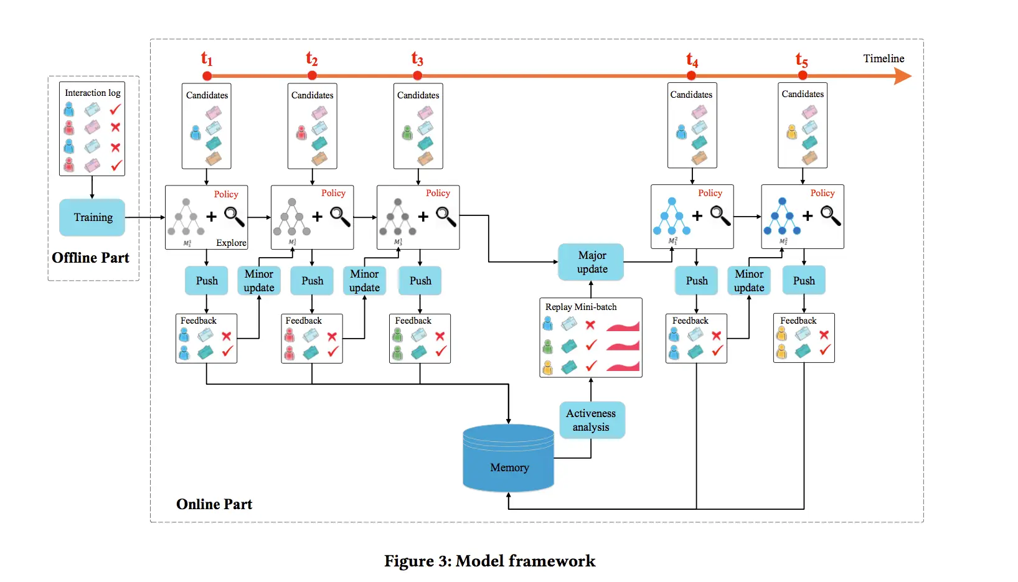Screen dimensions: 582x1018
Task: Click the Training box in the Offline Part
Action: pyautogui.click(x=92, y=217)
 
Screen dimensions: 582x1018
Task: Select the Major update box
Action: pyautogui.click(x=591, y=262)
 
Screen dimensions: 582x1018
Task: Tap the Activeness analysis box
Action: pyautogui.click(x=591, y=420)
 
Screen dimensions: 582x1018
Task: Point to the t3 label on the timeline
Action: pyautogui.click(x=417, y=59)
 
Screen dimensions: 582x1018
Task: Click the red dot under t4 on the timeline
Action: pyautogui.click(x=691, y=76)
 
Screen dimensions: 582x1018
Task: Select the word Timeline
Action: pyautogui.click(x=883, y=59)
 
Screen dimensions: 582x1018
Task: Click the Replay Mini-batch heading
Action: pyautogui.click(x=581, y=307)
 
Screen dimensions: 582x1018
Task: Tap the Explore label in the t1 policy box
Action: pyautogui.click(x=231, y=243)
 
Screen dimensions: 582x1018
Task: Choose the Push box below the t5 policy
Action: pyautogui.click(x=803, y=281)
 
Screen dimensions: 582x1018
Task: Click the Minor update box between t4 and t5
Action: pyautogui.click(x=749, y=281)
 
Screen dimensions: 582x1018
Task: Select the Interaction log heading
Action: pyautogui.click(x=93, y=93)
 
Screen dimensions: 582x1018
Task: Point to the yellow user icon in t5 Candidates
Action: pyautogui.click(x=791, y=132)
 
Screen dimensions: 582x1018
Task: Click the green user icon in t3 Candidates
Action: pyautogui.click(x=407, y=133)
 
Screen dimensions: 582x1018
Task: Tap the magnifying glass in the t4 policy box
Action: pyautogui.click(x=720, y=215)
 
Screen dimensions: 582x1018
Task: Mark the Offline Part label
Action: pyautogui.click(x=91, y=258)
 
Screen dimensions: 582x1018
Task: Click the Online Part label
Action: pyautogui.click(x=214, y=504)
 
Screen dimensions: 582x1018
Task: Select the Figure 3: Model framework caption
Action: pyautogui.click(x=489, y=561)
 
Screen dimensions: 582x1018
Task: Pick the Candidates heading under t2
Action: pyautogui.click(x=312, y=95)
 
